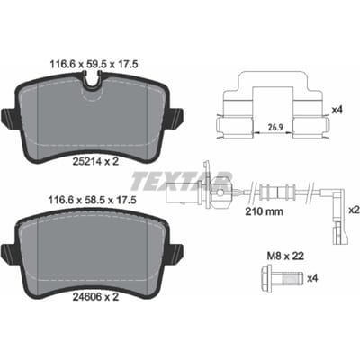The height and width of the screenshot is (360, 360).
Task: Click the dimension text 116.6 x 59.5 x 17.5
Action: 93,64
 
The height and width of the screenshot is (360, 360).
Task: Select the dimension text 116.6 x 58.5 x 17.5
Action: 93,200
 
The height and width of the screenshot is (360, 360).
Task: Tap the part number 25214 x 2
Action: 96,162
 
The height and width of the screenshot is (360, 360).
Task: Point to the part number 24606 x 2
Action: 96,297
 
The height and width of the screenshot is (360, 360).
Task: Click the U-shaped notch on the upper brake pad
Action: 93,81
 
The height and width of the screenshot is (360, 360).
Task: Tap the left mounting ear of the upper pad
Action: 8,115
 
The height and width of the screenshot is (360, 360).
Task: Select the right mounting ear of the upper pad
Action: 176,115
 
